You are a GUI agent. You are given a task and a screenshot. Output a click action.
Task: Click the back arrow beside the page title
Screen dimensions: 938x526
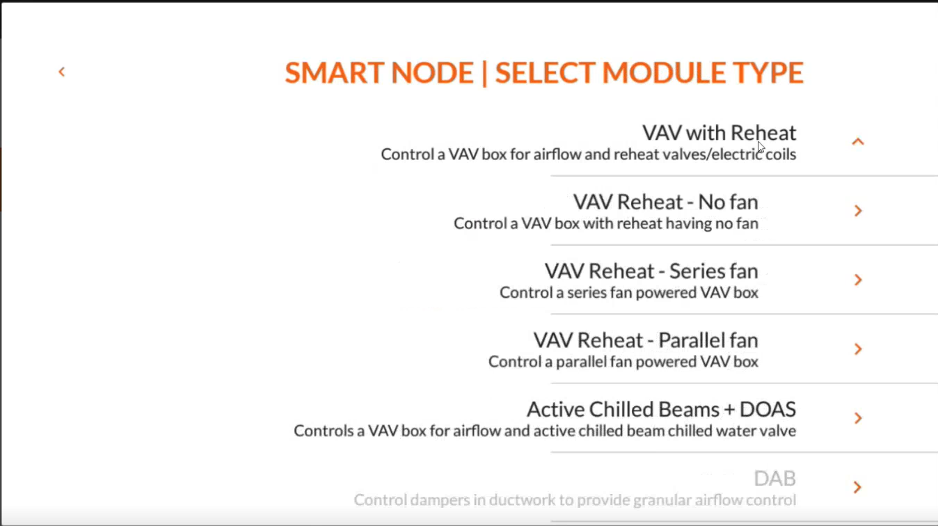click(x=61, y=72)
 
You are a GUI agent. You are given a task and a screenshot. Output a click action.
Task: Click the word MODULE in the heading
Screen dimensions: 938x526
click(x=663, y=72)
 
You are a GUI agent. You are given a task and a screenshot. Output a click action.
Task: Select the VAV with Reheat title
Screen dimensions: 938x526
click(x=719, y=133)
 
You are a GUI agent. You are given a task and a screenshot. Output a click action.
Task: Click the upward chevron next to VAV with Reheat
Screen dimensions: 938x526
click(x=857, y=141)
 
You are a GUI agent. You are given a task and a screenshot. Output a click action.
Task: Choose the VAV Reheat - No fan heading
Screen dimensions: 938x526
click(x=665, y=202)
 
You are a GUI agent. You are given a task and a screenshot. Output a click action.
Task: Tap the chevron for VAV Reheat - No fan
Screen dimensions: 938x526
click(x=858, y=211)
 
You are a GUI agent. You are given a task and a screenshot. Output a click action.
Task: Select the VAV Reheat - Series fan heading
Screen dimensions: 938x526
click(x=651, y=271)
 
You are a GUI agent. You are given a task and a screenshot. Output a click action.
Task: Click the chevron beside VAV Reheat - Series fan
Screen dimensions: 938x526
click(x=858, y=280)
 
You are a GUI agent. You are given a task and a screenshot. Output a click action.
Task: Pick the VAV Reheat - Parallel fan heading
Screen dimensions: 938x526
click(x=646, y=340)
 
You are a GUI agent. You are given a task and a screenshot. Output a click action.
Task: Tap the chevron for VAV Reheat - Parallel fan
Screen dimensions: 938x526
click(x=858, y=349)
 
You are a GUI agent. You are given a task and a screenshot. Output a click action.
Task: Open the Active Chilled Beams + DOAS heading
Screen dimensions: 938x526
click(x=661, y=409)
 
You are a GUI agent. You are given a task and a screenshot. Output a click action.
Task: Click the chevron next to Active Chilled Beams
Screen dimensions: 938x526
click(x=858, y=418)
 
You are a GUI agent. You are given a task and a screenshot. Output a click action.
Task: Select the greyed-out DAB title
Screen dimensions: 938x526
click(x=774, y=478)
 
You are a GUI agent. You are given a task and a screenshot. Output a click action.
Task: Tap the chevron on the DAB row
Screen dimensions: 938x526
click(x=857, y=487)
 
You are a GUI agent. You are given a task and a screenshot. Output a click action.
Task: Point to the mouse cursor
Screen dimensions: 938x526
click(x=761, y=147)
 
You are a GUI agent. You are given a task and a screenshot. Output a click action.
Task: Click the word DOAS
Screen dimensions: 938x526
click(x=768, y=409)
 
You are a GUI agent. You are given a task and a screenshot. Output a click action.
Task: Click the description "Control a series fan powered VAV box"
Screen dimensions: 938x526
click(x=629, y=293)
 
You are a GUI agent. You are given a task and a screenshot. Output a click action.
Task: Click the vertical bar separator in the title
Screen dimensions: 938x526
click(x=484, y=73)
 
